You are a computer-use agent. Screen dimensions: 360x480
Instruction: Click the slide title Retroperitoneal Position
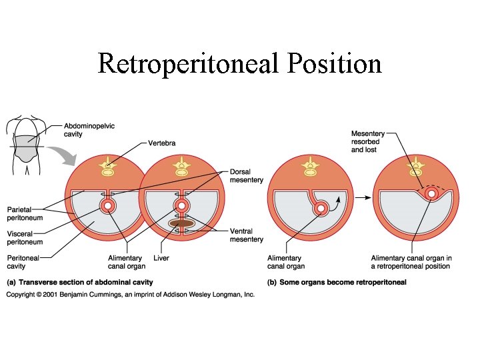239,64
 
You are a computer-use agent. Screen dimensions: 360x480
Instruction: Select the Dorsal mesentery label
246,175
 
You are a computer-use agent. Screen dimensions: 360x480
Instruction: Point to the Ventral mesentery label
246,235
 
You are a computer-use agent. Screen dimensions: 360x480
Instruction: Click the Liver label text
159,258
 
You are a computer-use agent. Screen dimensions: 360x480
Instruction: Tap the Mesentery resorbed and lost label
368,142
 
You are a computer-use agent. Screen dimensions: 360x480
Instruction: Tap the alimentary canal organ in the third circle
321,209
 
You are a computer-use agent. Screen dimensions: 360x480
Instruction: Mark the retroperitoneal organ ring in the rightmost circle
432,195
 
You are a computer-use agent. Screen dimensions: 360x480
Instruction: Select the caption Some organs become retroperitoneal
337,282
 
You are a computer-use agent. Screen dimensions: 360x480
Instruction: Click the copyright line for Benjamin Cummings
131,293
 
